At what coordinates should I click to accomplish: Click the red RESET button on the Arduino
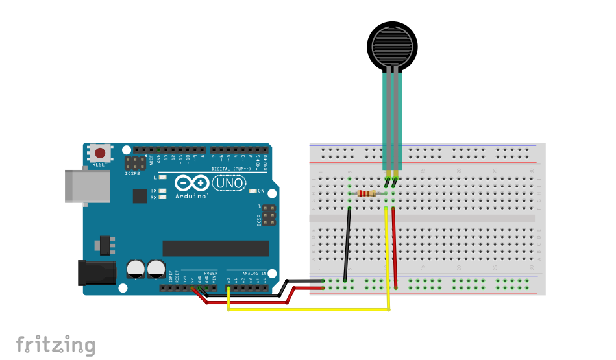100,154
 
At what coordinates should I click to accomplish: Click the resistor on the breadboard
367,193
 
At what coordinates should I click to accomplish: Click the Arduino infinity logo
192,184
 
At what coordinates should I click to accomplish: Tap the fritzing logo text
56,344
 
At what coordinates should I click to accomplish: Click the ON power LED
253,191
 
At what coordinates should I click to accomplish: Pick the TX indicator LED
162,191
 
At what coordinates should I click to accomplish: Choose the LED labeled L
162,176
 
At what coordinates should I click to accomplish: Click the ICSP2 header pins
136,162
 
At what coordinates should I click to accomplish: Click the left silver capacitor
136,268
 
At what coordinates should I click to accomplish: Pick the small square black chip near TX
140,195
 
